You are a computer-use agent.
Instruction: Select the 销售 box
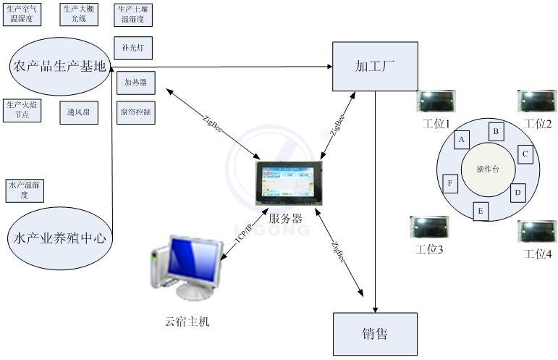coord(374,334)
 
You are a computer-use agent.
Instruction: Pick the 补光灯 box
coord(133,49)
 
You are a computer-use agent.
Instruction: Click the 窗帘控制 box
coord(135,112)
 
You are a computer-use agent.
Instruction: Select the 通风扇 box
coord(78,112)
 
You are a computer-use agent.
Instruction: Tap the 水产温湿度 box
coord(25,191)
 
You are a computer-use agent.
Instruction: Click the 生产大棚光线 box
coord(78,14)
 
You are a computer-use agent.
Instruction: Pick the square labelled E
coord(481,211)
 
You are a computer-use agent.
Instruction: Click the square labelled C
coord(526,154)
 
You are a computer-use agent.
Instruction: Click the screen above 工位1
coord(436,102)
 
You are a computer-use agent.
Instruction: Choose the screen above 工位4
coord(538,232)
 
